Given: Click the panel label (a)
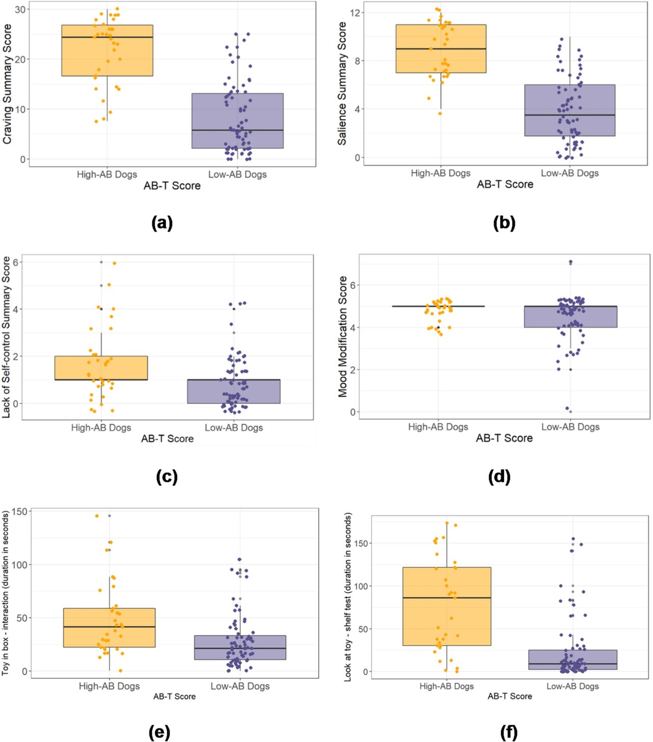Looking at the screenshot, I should pos(162,223).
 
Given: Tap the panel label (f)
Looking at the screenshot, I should pos(509,732).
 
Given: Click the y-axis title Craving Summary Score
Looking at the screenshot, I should pos(7,84).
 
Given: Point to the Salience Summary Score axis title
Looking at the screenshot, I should pos(342,84).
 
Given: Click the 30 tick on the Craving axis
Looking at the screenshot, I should pos(20,10).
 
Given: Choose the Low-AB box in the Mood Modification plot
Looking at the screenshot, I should pos(570,317).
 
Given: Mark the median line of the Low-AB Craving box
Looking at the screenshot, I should pos(237,130).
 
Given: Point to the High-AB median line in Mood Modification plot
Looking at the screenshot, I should pos(438,306).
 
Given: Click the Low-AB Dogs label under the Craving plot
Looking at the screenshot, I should pos(237,174).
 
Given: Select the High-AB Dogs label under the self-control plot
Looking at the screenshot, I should pos(101,427).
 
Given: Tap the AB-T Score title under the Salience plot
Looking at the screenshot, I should pos(505,184).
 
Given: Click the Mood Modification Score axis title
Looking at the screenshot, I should pos(342,337).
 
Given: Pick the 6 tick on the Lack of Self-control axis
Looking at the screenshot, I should pos(16,262).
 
